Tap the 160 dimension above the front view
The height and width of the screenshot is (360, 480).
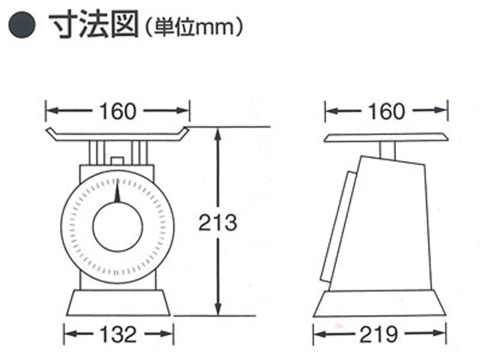click(x=118, y=112)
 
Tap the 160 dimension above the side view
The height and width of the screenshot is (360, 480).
click(x=386, y=112)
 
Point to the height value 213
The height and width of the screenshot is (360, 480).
click(x=218, y=223)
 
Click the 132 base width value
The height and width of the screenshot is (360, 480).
click(x=118, y=332)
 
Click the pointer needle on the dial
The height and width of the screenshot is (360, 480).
click(x=117, y=192)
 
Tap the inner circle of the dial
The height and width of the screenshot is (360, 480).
click(x=118, y=226)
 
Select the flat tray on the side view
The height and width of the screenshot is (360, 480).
click(x=386, y=138)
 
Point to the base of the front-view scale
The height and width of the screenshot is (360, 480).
click(x=118, y=302)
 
